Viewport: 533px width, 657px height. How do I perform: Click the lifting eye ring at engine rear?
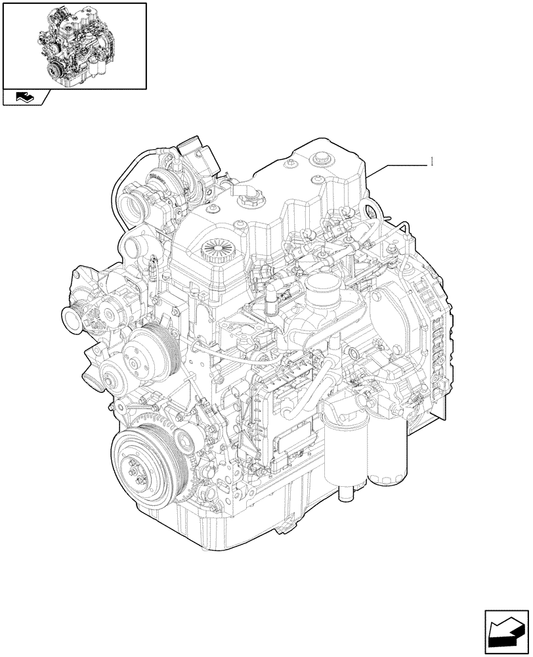tap(372, 212)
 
